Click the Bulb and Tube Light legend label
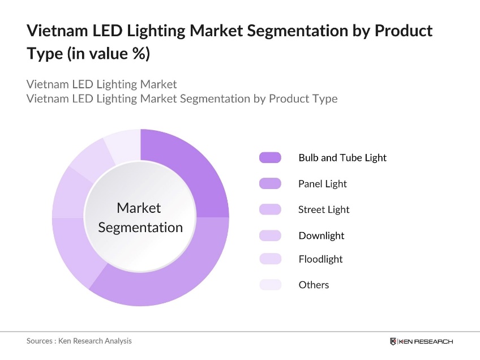342,158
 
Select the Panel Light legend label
322,184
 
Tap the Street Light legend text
324,209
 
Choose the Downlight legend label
321,235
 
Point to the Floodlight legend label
320,259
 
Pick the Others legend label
314,285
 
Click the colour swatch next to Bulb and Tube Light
270,158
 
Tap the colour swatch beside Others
270,285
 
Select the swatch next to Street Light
270,209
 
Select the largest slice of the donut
170,272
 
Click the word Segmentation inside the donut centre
140,228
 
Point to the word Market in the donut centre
139,208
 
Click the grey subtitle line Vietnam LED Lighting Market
102,84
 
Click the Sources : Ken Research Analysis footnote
79,341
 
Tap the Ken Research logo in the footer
421,341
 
